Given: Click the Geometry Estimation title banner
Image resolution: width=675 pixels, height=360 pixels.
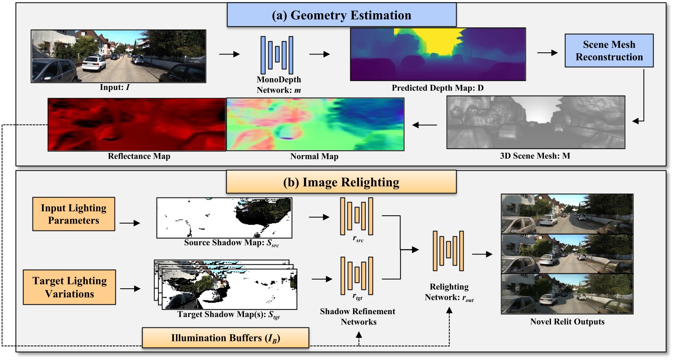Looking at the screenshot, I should tap(341, 15).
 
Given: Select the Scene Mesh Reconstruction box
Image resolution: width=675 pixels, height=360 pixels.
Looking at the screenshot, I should tap(609, 51).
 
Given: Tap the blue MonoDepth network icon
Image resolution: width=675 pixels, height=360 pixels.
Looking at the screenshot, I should tap(277, 55).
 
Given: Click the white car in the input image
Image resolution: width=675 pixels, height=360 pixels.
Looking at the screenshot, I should tap(94, 64).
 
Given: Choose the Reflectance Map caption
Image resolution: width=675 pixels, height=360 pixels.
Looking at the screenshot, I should tap(139, 156).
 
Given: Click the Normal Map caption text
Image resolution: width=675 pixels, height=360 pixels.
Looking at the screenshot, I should tap(314, 157).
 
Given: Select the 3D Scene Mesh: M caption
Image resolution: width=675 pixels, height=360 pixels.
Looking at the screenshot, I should tap(535, 156).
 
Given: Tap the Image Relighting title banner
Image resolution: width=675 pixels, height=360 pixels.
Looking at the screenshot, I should tap(341, 182).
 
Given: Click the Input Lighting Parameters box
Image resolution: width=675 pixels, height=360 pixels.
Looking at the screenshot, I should tap(73, 214).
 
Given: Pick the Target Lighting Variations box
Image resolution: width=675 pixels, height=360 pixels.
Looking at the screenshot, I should tap(69, 287).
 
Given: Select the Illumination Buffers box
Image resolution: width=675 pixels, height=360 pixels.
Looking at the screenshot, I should tap(225, 338).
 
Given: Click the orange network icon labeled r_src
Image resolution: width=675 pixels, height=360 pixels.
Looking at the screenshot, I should tap(356, 216).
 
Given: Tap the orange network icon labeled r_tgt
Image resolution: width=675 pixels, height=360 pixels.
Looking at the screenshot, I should tap(357, 275).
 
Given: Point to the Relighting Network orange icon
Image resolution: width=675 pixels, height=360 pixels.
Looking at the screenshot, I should tap(448, 251).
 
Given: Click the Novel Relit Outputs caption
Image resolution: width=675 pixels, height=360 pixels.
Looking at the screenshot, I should tap(567, 322).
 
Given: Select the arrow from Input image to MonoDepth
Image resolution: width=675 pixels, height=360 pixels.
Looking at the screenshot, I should tap(229, 54).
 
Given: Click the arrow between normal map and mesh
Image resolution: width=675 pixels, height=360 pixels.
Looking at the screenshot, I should tap(424, 125).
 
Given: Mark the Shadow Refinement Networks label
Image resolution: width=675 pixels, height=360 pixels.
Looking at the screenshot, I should tap(358, 317).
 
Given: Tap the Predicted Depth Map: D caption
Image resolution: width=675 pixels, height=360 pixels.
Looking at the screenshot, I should tap(437, 88).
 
